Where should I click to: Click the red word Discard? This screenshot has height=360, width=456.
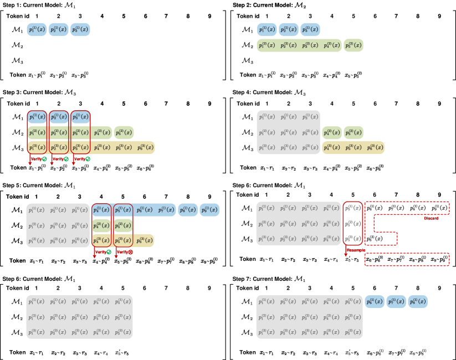click(x=431, y=218)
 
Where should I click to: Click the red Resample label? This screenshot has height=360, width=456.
click(x=356, y=250)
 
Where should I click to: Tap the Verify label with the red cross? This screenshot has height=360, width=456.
click(x=124, y=252)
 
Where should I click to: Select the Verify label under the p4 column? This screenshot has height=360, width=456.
click(x=103, y=252)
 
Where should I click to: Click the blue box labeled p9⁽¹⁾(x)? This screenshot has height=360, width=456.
click(x=209, y=210)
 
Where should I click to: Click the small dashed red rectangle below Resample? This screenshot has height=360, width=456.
click(x=406, y=259)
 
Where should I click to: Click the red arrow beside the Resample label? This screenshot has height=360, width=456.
click(x=346, y=252)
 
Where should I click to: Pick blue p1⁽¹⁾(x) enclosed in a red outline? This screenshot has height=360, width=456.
click(x=37, y=117)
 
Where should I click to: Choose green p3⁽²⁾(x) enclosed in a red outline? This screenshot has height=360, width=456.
click(x=80, y=132)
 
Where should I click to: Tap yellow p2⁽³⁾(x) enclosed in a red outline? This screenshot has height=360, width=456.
click(x=58, y=147)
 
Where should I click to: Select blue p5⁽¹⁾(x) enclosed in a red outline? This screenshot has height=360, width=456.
click(x=123, y=210)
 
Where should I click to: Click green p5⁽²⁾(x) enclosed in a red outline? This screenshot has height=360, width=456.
click(x=123, y=225)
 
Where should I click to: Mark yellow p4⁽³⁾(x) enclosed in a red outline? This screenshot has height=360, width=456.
click(x=101, y=240)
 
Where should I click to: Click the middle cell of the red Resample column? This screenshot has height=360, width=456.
click(x=352, y=224)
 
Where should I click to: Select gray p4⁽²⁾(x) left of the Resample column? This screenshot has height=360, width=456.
click(x=331, y=224)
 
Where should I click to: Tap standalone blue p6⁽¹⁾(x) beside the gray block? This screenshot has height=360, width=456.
click(x=374, y=302)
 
